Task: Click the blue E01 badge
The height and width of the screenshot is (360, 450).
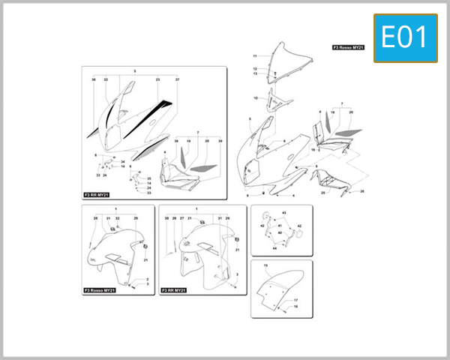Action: (406, 37)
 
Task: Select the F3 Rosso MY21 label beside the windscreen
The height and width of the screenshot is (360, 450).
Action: (349, 47)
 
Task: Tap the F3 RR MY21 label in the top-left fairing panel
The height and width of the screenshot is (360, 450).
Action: (97, 195)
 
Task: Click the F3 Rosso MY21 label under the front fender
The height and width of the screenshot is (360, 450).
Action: (99, 289)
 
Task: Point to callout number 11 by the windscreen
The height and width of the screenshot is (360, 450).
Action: (255, 56)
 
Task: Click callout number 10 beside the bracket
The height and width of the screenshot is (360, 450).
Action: (255, 98)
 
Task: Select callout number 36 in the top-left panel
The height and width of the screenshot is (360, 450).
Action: (94, 79)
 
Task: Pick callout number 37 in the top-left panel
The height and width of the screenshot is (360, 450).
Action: (178, 79)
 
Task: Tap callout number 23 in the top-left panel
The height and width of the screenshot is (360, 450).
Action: (158, 79)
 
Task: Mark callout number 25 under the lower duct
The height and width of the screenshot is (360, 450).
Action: (323, 193)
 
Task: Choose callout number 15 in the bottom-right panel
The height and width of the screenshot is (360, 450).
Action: (265, 266)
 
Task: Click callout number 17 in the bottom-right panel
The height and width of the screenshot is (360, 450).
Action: (295, 301)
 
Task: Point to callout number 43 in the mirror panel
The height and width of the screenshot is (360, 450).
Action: (283, 213)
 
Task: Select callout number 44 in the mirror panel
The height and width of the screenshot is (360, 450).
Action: (274, 248)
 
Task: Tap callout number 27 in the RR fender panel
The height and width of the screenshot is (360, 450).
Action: (181, 218)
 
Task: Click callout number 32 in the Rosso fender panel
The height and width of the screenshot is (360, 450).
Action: (118, 218)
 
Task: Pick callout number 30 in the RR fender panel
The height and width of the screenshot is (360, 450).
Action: (166, 218)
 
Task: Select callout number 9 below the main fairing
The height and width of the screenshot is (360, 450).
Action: (247, 195)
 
